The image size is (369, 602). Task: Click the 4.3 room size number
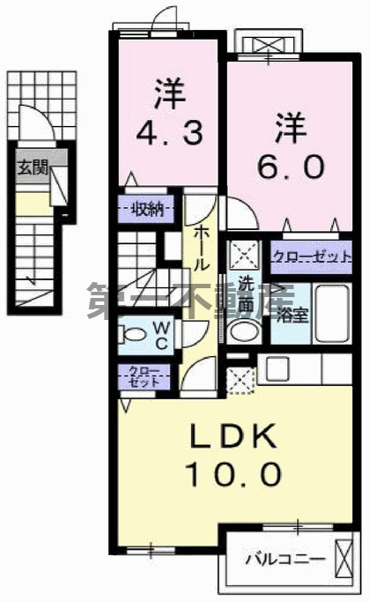pyautogui.click(x=172, y=133)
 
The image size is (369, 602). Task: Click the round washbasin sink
pyautogui.click(x=241, y=331)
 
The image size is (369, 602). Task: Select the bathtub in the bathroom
pyautogui.click(x=335, y=312)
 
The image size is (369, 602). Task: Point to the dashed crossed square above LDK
pyautogui.click(x=239, y=379)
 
